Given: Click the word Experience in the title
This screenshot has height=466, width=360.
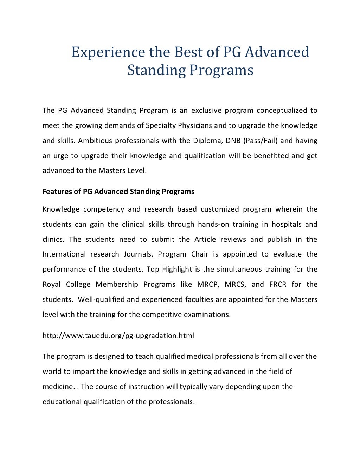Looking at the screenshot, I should (108, 52).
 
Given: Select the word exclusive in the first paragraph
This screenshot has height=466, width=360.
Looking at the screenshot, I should (206, 111).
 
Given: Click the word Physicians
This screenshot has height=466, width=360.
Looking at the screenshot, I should (193, 126).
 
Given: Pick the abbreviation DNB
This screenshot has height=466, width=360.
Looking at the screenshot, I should (233, 141).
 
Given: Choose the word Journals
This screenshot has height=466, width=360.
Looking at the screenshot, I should (138, 254).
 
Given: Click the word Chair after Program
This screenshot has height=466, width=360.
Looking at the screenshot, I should (200, 254).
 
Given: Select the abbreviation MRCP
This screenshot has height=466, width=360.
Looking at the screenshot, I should (208, 285).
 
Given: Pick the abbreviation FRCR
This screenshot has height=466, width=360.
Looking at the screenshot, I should (278, 285).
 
